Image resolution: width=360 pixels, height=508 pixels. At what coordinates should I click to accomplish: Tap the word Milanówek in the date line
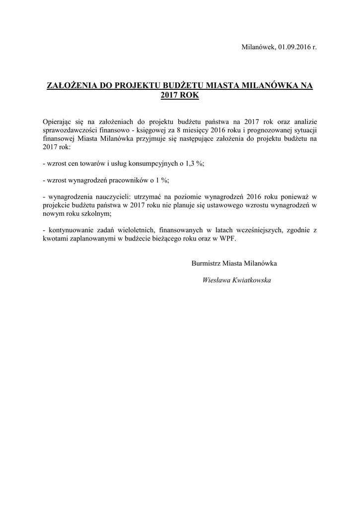click(258, 47)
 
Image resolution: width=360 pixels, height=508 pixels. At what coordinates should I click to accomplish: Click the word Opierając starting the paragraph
click(59, 122)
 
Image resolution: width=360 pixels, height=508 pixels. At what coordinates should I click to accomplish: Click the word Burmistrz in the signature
click(206, 263)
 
